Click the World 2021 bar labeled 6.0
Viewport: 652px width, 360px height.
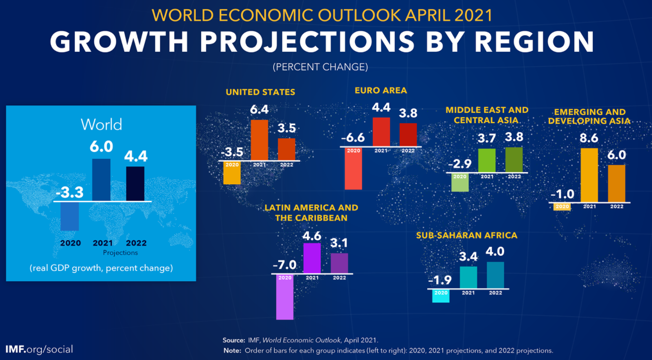pos(102,180)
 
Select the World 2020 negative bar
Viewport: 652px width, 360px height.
pos(70,216)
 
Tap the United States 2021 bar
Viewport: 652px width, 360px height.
pos(259,140)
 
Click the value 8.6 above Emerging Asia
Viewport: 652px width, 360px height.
pos(589,139)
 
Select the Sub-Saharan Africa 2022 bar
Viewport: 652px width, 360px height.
pos(495,275)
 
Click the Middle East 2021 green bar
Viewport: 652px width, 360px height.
pos(487,160)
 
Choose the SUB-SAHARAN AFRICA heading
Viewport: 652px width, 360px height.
pos(467,235)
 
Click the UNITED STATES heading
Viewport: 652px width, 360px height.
pos(260,92)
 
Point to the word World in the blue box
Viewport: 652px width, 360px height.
pos(101,124)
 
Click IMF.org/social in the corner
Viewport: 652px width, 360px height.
pos(39,349)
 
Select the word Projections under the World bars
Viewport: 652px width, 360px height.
pos(120,252)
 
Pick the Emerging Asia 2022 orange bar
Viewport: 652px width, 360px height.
pos(617,183)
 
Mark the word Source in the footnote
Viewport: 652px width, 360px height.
pos(233,340)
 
